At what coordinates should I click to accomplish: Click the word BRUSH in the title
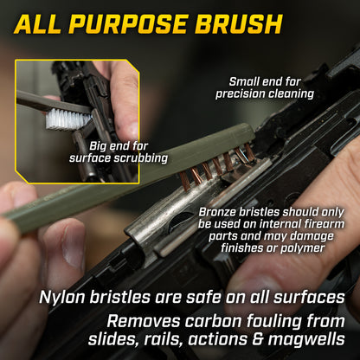coord(239,24)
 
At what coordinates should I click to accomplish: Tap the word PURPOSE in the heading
coord(128,24)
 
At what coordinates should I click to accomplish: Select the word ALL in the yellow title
coord(38,24)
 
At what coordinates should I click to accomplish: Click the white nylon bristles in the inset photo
coord(68,119)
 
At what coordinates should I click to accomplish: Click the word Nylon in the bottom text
coord(62,298)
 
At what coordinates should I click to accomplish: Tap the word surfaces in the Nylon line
coord(309,298)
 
